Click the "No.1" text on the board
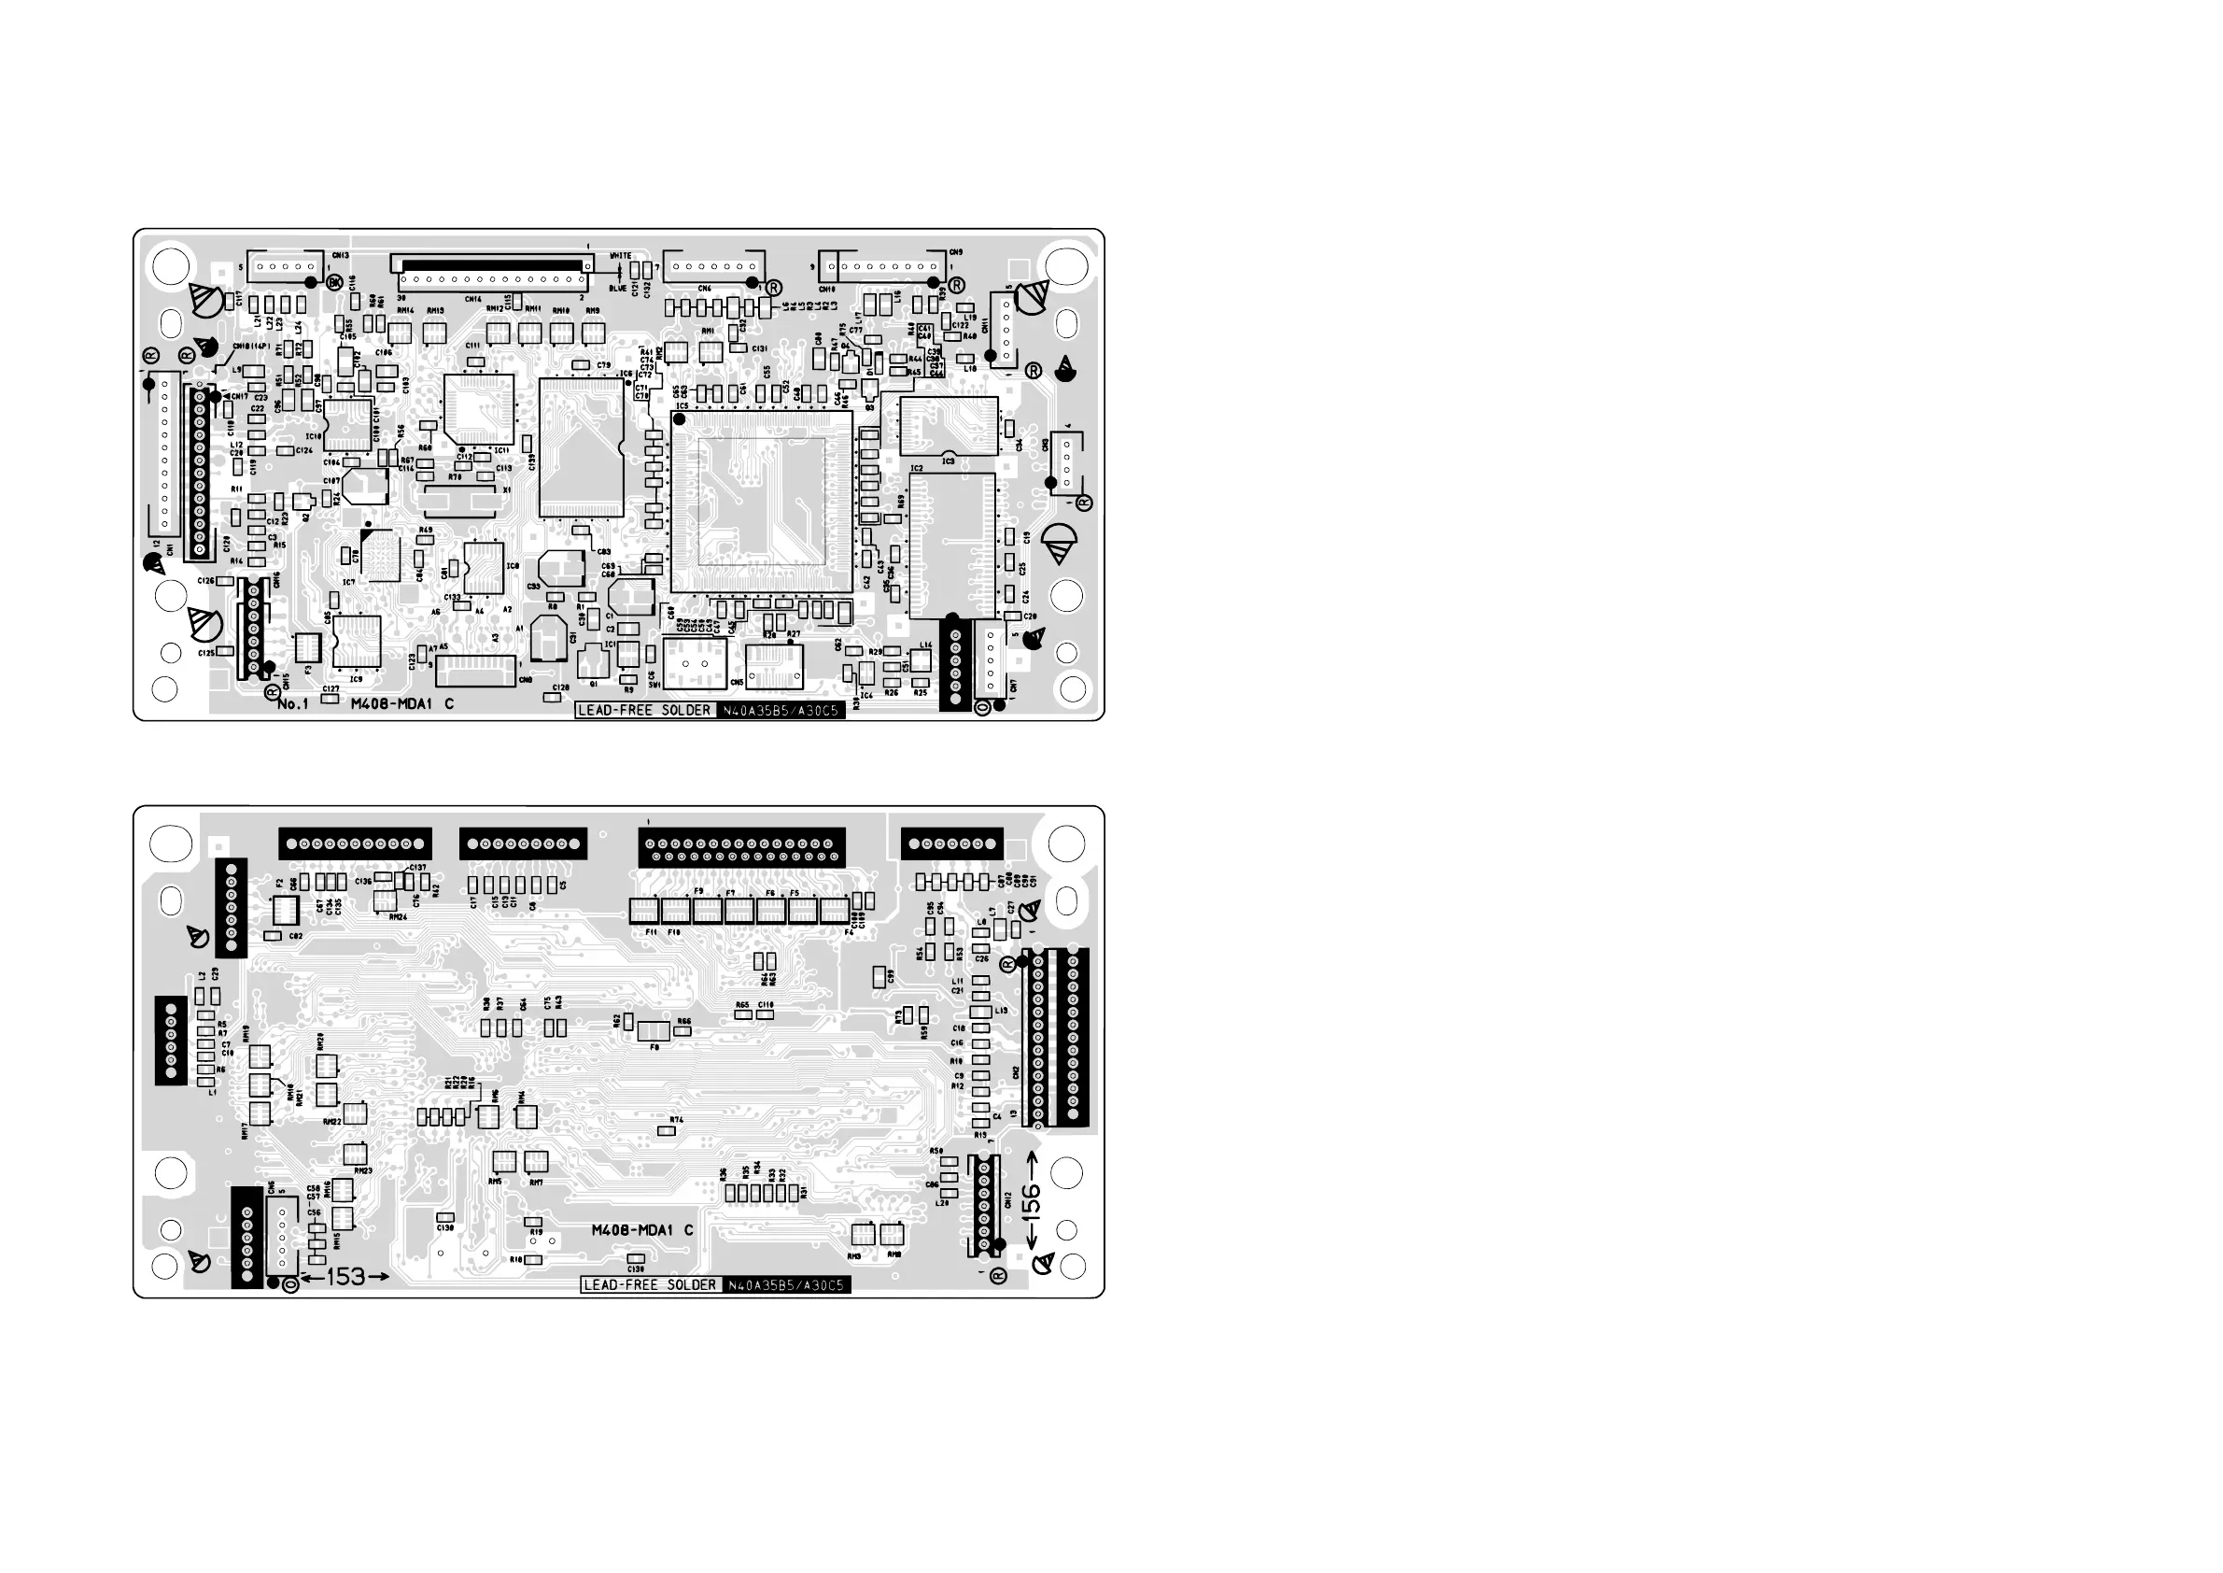292,704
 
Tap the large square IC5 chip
762,501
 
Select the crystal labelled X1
467,500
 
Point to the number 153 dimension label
345,1278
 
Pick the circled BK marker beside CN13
334,282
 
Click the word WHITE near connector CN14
620,256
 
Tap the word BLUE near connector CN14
618,288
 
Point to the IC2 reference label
917,469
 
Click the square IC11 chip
478,409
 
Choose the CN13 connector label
340,256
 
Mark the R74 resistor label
677,1120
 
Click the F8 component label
654,1047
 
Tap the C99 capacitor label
891,977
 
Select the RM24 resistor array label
398,916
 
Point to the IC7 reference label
348,582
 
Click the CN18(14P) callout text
251,346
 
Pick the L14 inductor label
925,645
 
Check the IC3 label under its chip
948,461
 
